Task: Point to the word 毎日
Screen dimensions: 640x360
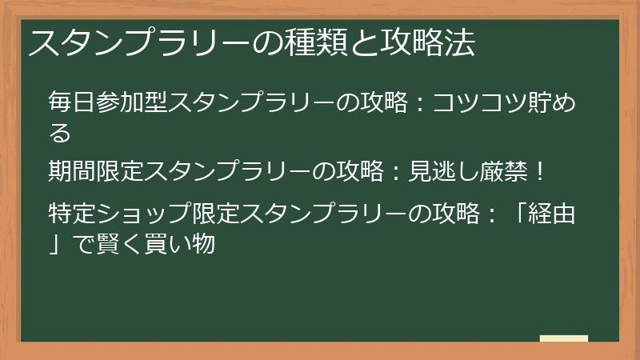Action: click(x=72, y=102)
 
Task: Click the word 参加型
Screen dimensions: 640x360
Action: click(x=132, y=102)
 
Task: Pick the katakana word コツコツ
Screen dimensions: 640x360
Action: click(x=479, y=102)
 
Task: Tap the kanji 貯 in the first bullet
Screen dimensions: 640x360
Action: click(x=538, y=102)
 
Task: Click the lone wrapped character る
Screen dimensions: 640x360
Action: click(x=60, y=133)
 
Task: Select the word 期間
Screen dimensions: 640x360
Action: click(x=72, y=171)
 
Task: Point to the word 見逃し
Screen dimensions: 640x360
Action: click(x=443, y=171)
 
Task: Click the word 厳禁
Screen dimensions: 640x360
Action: click(x=503, y=171)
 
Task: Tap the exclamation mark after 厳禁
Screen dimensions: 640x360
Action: click(x=539, y=171)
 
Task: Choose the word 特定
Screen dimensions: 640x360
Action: click(x=72, y=213)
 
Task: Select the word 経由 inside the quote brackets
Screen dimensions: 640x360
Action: click(x=551, y=213)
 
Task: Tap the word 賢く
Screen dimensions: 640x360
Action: click(x=119, y=244)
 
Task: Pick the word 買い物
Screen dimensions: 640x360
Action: click(x=179, y=244)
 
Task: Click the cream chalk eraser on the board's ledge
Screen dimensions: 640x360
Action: click(x=564, y=338)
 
